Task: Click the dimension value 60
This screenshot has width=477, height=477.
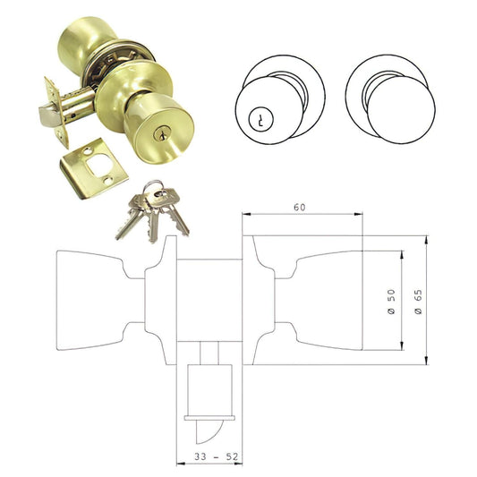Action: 302,208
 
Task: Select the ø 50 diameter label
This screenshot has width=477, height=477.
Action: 392,300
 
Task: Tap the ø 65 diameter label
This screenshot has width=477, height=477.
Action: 417,300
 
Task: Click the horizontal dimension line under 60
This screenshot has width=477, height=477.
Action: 302,216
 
